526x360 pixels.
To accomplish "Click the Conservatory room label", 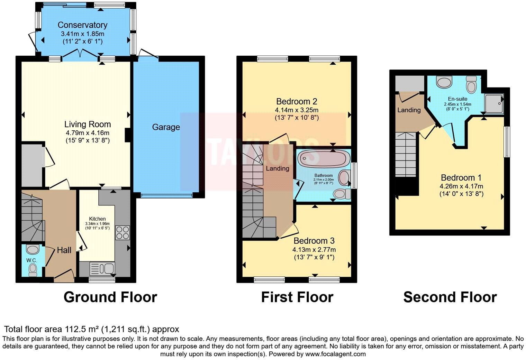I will tap(82, 25).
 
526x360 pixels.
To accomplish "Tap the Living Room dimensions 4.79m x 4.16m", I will tap(88, 133).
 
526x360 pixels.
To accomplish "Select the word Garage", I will tap(166, 127).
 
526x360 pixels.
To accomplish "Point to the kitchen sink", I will tap(102, 268).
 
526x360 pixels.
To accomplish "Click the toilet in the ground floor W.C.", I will tap(33, 269).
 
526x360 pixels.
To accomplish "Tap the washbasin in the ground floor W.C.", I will tap(33, 249).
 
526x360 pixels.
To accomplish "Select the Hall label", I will tap(64, 250).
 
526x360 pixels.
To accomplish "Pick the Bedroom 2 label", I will tap(297, 101).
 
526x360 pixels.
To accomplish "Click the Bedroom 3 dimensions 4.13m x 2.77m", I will tap(314, 250).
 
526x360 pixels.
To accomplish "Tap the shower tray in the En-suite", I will tap(494, 103).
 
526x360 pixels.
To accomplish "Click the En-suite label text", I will tap(457, 99).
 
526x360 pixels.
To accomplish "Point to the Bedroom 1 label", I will tap(461, 178).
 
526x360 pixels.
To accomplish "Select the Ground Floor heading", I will tap(110, 297).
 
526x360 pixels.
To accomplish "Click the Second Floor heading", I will tap(450, 297).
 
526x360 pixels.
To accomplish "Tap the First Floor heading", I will tap(297, 297).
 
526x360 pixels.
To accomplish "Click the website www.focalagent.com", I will tap(335, 354).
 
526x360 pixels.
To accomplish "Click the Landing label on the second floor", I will tap(409, 110).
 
